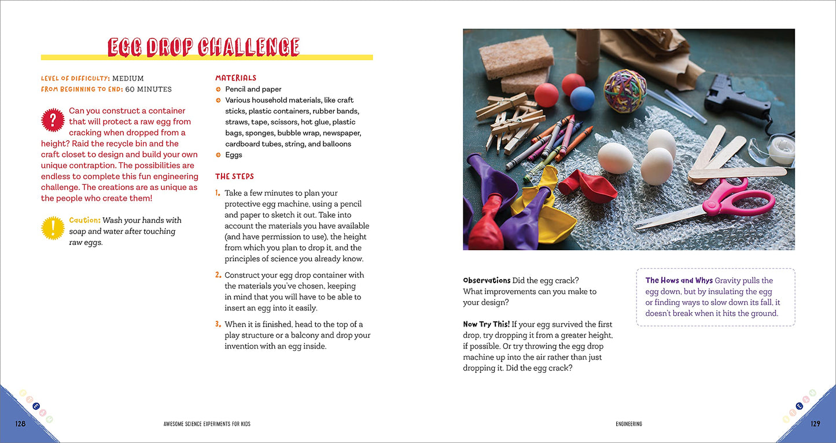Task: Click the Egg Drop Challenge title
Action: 204,47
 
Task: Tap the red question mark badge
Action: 53,120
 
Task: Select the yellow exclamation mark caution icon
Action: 53,228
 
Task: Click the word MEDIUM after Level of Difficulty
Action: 128,78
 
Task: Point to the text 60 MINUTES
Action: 148,89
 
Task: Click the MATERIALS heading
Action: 235,78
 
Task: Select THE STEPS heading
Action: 234,176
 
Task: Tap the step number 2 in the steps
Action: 218,275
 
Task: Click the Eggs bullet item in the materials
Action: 234,155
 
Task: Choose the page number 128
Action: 20,424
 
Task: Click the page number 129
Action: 815,424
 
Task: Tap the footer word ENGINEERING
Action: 629,424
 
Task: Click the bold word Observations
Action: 487,280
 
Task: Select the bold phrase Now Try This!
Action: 486,324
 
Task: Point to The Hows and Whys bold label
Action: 679,280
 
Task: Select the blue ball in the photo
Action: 582,98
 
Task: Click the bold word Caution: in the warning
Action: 84,220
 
